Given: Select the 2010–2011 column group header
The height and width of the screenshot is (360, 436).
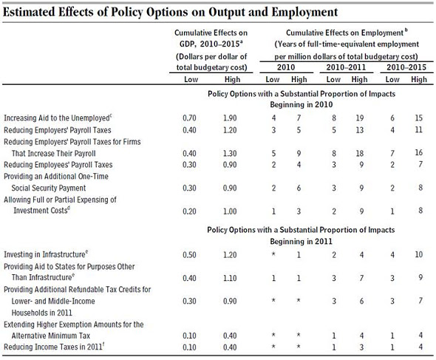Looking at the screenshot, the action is (346, 67).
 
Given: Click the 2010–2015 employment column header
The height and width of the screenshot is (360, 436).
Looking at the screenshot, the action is (406, 67).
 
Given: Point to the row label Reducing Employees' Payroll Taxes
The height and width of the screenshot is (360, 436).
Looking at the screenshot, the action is (58, 165).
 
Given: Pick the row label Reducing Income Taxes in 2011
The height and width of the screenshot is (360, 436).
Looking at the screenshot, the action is (54, 347).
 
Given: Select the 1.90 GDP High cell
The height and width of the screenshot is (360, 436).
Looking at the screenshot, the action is (230, 118).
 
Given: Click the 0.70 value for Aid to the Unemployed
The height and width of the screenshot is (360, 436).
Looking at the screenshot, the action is (189, 118).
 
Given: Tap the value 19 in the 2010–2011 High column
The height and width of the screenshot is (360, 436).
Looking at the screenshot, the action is (360, 118).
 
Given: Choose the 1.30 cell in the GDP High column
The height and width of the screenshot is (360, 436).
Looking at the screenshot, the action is (230, 153).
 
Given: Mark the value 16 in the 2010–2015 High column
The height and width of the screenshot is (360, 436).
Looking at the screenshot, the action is (419, 152).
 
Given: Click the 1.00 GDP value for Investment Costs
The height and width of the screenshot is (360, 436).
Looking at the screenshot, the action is (230, 211).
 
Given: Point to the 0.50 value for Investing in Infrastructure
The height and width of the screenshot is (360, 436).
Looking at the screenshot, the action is (189, 255).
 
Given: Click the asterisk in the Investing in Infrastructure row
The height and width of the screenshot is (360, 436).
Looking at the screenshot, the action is (273, 254).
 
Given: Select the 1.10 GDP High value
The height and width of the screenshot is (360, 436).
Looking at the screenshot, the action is (230, 278).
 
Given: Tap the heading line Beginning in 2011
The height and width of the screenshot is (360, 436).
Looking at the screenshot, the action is (302, 241).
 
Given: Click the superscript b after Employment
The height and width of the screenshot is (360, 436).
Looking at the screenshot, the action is (406, 30).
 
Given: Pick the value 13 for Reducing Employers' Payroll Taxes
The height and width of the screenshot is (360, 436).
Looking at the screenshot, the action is (360, 130).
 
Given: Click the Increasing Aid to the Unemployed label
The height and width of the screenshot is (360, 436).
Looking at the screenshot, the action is (58, 118).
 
